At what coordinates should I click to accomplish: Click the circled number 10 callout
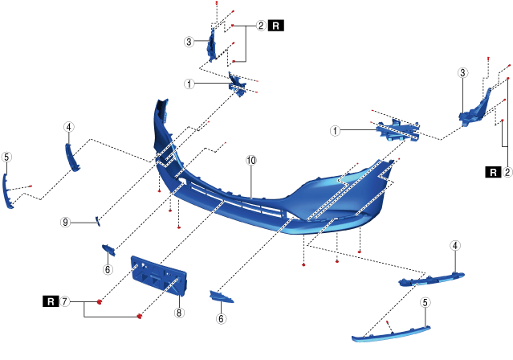[251, 161]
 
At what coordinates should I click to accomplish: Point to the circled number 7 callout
[66, 302]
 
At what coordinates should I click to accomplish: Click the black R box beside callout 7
[50, 302]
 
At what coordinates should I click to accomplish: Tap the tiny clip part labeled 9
[97, 219]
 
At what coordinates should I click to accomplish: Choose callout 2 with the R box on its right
[261, 26]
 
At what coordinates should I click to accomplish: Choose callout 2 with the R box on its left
[507, 171]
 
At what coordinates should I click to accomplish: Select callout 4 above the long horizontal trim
[455, 245]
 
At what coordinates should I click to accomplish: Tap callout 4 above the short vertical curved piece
[69, 127]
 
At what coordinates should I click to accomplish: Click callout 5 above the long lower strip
[425, 303]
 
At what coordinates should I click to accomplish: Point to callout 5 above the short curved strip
[6, 157]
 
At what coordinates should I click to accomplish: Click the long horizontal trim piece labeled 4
[432, 278]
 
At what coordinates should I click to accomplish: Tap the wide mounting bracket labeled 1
[397, 129]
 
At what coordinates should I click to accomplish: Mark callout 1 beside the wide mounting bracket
[336, 129]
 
